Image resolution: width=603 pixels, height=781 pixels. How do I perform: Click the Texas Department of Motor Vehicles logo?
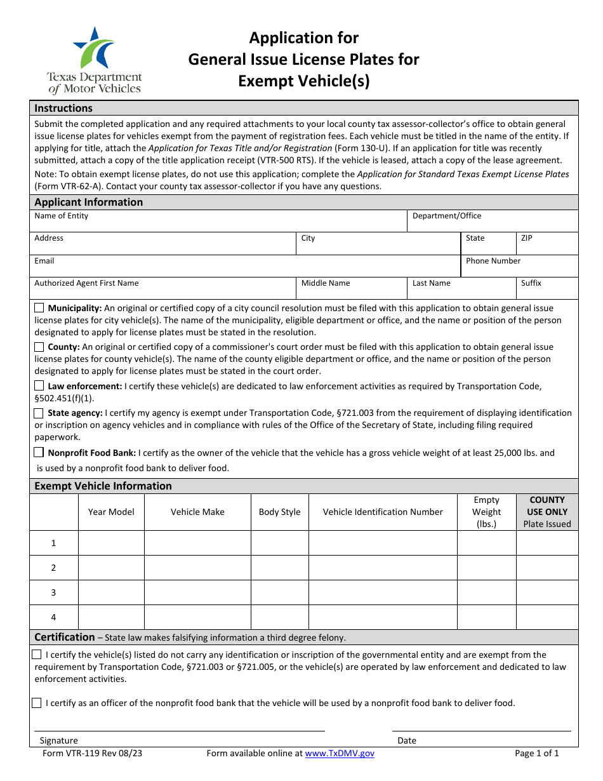click(95, 61)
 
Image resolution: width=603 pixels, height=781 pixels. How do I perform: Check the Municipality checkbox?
click(39, 308)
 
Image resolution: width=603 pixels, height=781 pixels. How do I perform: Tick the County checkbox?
click(39, 347)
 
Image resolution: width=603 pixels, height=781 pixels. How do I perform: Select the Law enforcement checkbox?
click(39, 386)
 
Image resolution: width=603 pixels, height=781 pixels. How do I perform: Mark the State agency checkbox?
click(39, 413)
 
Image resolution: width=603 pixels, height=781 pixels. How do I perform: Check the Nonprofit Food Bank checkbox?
click(39, 453)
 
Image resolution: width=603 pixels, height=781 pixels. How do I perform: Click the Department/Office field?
click(492, 224)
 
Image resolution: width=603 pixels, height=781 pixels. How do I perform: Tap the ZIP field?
click(547, 245)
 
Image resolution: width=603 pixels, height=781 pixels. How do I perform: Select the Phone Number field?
click(519, 268)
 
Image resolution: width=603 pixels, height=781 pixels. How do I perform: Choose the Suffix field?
click(547, 290)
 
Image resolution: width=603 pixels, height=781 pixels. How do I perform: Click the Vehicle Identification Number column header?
click(383, 512)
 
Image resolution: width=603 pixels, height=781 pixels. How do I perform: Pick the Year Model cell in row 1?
click(111, 543)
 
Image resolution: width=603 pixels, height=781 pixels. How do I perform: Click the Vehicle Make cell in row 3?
click(197, 592)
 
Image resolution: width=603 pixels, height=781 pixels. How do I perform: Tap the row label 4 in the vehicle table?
click(54, 617)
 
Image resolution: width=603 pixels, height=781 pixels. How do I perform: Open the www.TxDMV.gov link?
click(340, 754)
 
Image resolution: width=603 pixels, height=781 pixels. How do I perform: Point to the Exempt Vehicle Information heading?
click(103, 486)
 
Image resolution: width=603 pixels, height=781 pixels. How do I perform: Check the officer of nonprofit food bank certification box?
click(37, 703)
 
